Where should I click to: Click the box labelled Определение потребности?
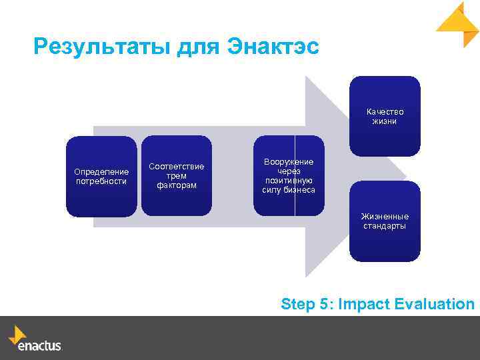[x=101, y=177]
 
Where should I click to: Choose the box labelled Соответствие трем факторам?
[x=176, y=175]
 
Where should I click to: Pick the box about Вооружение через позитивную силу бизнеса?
[x=289, y=176]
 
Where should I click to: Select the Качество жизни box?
[x=385, y=116]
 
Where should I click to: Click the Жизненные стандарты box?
[x=385, y=221]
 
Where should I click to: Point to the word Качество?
[x=385, y=111]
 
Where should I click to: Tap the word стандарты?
[x=385, y=226]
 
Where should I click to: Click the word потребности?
[x=101, y=181]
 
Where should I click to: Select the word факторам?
[x=177, y=185]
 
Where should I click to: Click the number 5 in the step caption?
[x=325, y=305]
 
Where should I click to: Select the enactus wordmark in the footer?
[x=39, y=347]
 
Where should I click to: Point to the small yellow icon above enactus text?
[x=17, y=334]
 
